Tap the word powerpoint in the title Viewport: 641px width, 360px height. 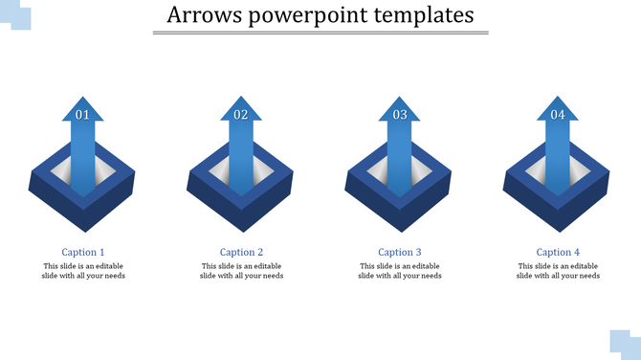[x=306, y=15]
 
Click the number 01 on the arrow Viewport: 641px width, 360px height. [x=83, y=115]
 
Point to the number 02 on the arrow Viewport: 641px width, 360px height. [x=241, y=115]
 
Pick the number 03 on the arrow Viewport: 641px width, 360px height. [x=400, y=115]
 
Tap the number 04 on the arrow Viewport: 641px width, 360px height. [x=558, y=115]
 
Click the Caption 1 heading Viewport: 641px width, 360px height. [x=83, y=253]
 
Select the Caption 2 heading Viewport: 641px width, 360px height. [x=241, y=253]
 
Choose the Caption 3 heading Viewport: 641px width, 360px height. [x=400, y=253]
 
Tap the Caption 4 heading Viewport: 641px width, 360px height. [x=558, y=253]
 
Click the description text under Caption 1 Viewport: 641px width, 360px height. [x=83, y=271]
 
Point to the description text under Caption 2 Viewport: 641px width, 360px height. [x=241, y=271]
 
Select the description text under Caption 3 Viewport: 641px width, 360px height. [x=400, y=271]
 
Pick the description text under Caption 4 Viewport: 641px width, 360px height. [x=558, y=271]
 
